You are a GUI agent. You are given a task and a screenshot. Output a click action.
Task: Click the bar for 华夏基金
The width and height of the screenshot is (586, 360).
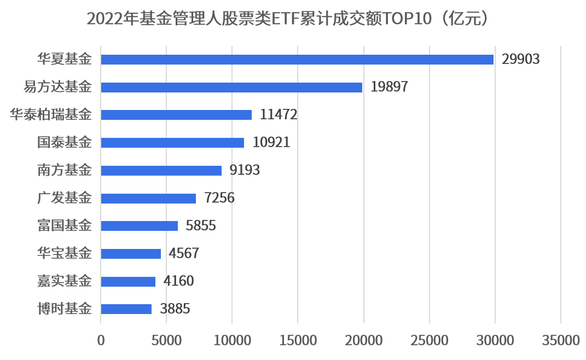297,59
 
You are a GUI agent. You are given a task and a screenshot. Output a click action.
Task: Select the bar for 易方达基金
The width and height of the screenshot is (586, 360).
231,87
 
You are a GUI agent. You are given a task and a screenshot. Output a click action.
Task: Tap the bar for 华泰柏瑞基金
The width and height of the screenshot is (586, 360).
176,115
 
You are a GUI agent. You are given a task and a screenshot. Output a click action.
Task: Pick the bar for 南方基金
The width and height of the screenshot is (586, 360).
161,170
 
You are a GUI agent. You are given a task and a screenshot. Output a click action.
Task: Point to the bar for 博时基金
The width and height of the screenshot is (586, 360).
126,309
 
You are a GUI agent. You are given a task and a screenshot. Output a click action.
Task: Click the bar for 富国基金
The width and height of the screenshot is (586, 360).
140,226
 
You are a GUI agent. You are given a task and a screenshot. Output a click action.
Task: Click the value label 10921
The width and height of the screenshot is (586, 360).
271,143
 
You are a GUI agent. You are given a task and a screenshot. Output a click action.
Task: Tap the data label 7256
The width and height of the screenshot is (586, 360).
219,198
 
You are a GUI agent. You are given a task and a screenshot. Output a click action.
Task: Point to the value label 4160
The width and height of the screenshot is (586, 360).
178,281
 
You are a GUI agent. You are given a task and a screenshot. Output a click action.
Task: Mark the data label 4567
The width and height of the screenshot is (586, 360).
184,254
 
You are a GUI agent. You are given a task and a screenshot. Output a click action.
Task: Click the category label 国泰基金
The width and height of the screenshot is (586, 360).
65,143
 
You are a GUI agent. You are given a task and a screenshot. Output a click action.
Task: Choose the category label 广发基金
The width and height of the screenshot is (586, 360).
65,198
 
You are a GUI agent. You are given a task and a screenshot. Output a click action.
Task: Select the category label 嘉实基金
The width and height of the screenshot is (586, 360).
65,281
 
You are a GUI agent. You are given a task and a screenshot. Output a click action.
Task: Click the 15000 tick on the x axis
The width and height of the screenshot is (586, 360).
298,340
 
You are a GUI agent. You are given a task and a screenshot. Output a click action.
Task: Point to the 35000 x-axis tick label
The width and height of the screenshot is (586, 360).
560,340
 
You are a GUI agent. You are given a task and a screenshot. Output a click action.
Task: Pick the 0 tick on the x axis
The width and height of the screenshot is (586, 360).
101,340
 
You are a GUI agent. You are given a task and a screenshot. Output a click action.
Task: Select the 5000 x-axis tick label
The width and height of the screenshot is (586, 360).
166,340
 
